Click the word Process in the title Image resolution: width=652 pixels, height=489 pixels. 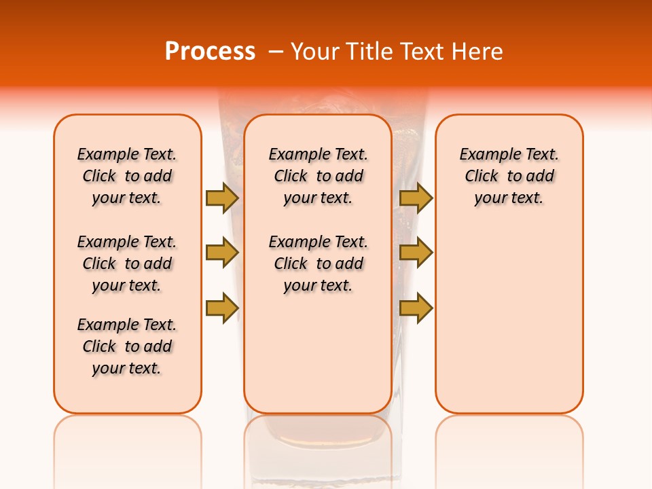tap(210, 52)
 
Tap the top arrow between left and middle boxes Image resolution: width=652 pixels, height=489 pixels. tap(222, 198)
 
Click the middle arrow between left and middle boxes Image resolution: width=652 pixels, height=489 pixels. tap(222, 253)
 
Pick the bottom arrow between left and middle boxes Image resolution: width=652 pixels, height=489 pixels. tap(222, 308)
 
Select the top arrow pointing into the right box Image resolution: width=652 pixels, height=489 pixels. tap(416, 198)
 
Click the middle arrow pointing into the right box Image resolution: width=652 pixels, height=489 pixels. tap(416, 253)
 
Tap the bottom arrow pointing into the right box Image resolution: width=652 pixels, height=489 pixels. tap(416, 308)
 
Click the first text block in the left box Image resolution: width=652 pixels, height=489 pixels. tap(127, 176)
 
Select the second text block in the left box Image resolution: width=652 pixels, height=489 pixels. tap(127, 264)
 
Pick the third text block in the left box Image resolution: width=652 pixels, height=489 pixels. tap(127, 346)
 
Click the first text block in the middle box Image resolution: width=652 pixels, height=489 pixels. tap(318, 176)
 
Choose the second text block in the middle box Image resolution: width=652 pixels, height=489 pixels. tap(318, 264)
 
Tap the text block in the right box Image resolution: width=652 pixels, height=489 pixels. tap(509, 176)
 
